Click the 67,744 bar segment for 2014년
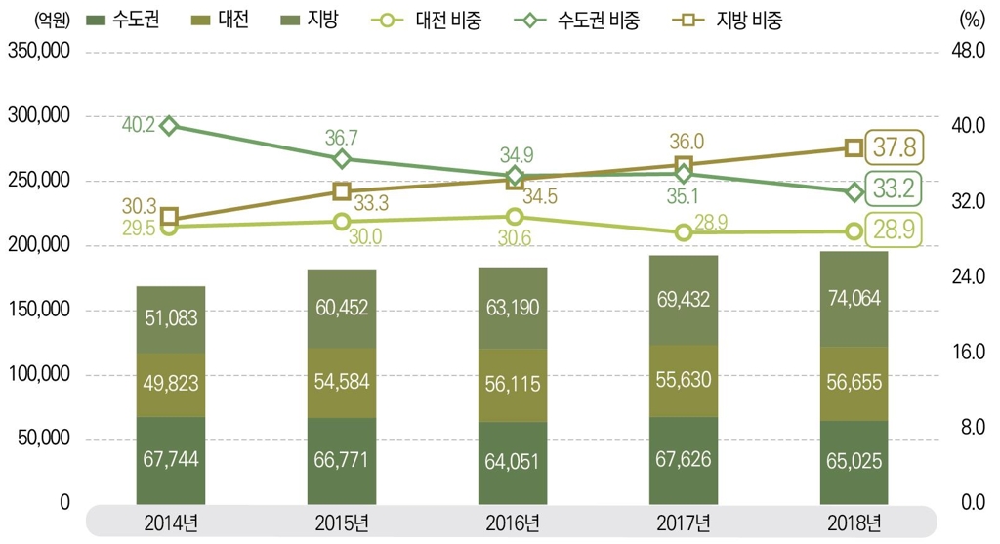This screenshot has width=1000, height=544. click(170, 460)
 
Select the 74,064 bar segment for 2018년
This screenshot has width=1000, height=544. click(853, 299)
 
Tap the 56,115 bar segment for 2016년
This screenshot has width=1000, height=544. click(512, 386)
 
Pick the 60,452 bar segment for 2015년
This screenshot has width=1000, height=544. click(341, 309)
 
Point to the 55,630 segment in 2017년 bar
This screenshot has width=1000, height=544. click(683, 381)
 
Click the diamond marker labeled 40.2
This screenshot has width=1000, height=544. click(170, 126)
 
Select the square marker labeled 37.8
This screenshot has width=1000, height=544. click(853, 147)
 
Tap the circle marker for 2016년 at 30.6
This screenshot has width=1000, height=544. click(512, 217)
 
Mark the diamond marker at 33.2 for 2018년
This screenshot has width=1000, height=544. click(853, 191)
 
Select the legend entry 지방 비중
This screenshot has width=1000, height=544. click(735, 21)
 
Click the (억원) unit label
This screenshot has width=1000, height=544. click(49, 21)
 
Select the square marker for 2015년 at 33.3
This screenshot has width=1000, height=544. click(341, 191)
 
